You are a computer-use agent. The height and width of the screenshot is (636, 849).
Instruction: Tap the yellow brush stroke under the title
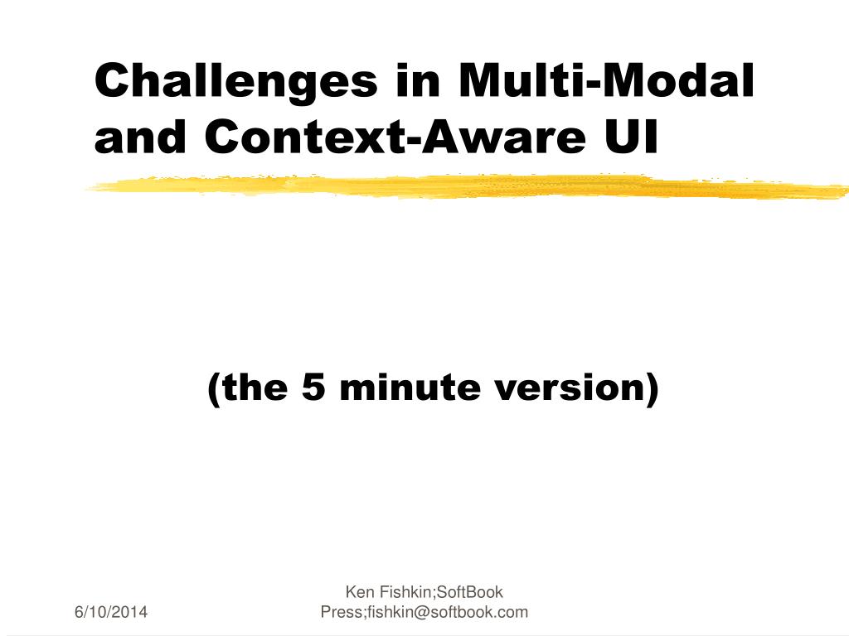(467, 186)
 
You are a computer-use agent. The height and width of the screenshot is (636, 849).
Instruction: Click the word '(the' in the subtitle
(247, 388)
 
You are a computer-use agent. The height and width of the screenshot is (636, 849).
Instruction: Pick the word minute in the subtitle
(410, 387)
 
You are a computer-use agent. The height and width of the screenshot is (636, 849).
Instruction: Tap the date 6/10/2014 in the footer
(111, 612)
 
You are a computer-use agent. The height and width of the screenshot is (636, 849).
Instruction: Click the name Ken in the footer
(360, 591)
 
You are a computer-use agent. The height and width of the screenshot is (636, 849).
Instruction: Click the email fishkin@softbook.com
(448, 612)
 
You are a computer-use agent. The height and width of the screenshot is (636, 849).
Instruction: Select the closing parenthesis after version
(652, 388)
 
